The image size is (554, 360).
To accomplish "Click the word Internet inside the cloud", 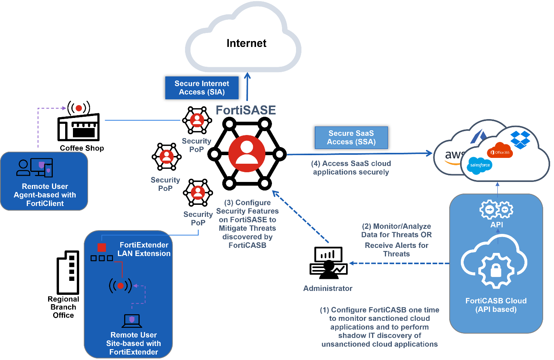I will [246, 43].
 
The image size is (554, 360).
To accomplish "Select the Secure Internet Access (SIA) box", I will [202, 88].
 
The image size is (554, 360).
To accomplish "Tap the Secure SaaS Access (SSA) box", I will [351, 137].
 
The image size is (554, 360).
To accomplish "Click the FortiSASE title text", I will [246, 110].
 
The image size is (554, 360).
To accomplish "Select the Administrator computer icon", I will [328, 263].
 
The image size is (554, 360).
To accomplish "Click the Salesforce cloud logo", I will [480, 165].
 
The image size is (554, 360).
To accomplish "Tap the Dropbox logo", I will [520, 140].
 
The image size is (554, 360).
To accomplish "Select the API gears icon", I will [496, 210].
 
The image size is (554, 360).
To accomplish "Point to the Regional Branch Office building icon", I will [68, 272].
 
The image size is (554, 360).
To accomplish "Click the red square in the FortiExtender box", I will [102, 247].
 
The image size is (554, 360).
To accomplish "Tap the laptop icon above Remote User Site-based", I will [132, 320].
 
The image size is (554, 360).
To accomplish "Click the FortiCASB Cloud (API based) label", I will [496, 305].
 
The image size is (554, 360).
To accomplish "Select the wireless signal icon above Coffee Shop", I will [79, 108].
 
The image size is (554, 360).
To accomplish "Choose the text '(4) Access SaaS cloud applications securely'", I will [351, 168].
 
